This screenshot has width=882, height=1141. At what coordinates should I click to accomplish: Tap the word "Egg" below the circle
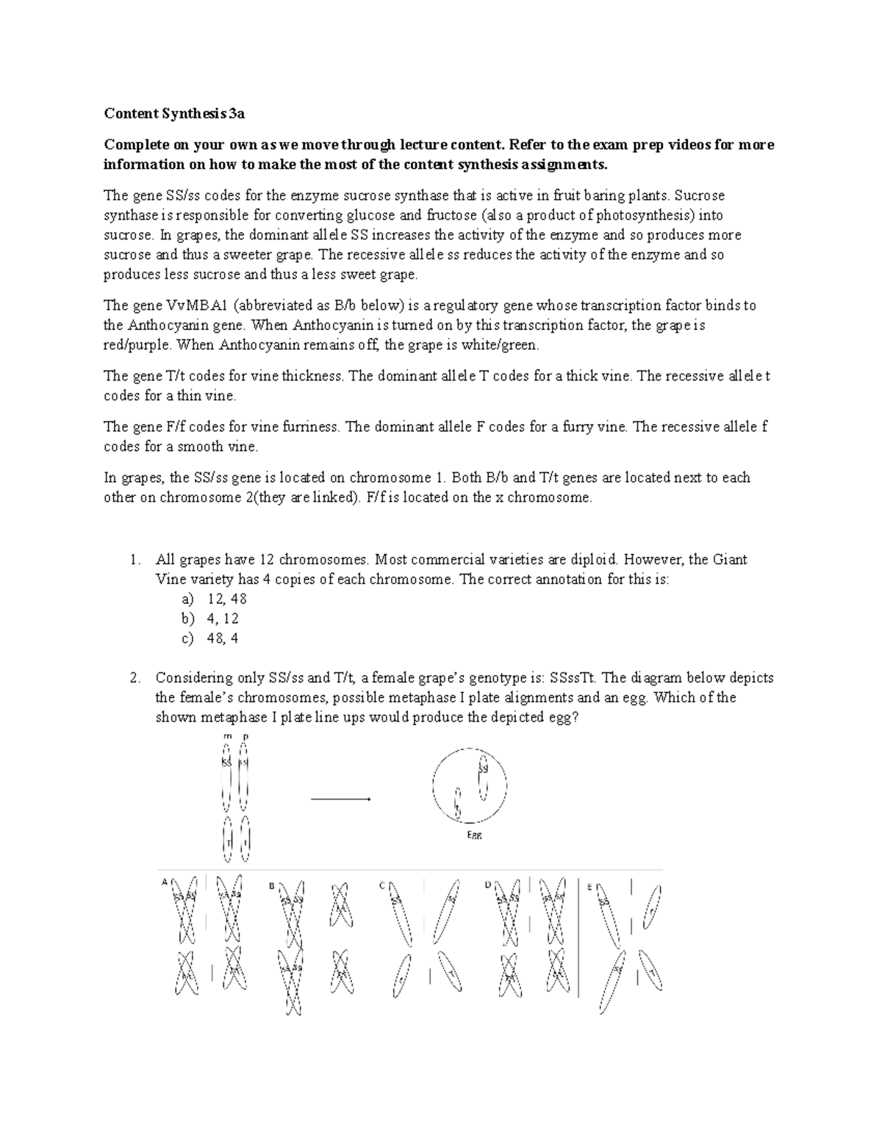475,835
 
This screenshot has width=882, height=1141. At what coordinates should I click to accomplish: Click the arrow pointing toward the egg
340,799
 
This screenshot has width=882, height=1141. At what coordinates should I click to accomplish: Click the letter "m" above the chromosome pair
227,736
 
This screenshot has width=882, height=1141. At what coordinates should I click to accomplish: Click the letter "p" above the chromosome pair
245,736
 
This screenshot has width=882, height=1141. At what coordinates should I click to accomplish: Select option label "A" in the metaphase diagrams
165,883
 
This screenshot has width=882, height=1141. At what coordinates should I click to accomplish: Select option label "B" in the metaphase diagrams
271,886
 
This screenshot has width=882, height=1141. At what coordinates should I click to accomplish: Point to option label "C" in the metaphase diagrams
382,885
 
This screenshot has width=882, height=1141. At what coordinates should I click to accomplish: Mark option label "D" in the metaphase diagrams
487,885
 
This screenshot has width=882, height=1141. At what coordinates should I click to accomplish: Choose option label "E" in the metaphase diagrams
589,887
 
